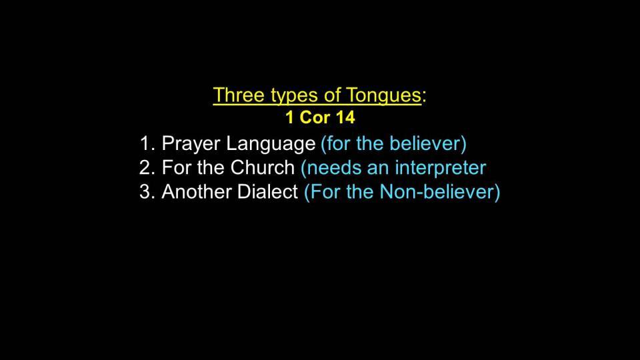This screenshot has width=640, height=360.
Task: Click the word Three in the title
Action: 239,95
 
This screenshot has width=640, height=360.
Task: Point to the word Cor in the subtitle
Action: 315,117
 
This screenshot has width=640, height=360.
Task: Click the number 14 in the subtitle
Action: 345,117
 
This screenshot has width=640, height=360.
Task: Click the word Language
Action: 271,144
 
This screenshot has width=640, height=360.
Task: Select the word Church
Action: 262,167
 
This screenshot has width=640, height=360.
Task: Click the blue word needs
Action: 331,168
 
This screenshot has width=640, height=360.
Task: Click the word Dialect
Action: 268,191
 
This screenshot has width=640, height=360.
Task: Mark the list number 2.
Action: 147,167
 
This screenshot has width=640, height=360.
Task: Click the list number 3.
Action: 147,191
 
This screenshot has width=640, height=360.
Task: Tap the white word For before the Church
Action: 176,167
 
